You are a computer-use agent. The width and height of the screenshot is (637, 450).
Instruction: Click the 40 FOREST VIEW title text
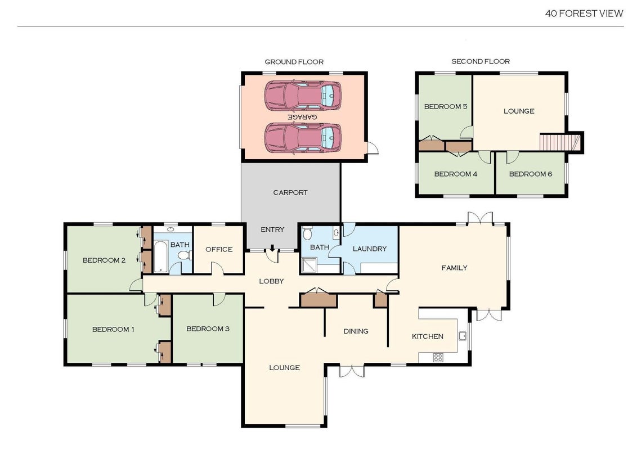click(584, 13)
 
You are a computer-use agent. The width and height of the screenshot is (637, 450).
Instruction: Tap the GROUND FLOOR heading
click(294, 62)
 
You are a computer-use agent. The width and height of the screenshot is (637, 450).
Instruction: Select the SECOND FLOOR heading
click(481, 61)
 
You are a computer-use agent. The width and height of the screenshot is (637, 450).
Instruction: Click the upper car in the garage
click(303, 96)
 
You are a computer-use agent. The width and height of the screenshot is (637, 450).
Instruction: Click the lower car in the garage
click(303, 138)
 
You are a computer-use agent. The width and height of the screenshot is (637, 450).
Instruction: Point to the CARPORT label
click(290, 192)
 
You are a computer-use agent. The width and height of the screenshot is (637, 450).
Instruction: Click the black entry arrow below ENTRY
click(272, 247)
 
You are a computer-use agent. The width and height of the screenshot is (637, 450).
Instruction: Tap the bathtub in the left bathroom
click(161, 256)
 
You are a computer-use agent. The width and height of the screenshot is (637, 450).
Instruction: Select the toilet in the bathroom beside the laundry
click(308, 233)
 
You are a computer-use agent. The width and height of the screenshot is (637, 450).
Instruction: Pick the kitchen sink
click(463, 336)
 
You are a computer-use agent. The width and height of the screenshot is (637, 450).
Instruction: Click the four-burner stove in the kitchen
click(438, 358)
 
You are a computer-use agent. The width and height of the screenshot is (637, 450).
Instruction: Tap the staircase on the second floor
click(560, 142)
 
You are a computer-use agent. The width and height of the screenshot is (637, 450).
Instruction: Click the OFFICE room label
click(219, 249)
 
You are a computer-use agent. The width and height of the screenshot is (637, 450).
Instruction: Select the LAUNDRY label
click(370, 249)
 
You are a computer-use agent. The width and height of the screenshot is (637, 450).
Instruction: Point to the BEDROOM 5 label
click(446, 106)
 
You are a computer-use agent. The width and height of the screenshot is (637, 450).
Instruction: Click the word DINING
click(356, 331)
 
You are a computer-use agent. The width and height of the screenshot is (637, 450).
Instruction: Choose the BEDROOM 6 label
click(531, 174)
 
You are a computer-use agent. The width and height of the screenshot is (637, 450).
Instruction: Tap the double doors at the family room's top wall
click(480, 218)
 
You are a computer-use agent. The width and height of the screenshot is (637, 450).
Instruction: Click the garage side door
click(373, 148)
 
